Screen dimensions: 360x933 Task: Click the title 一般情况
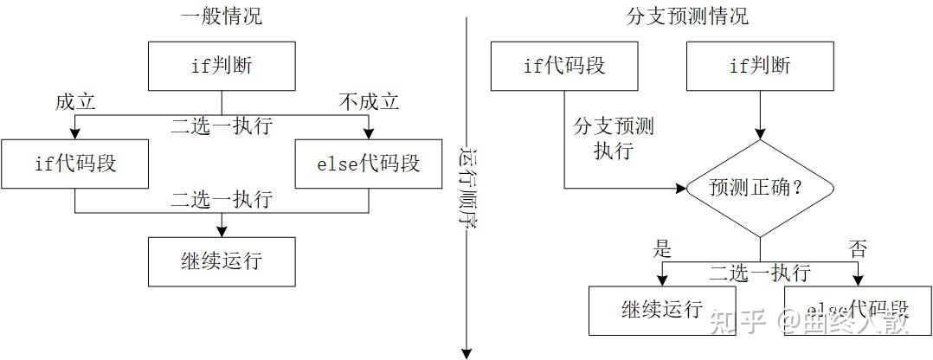pyautogui.click(x=222, y=16)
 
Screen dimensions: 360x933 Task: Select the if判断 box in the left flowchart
pyautogui.click(x=222, y=67)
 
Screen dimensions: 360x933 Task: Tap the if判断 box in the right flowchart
pyautogui.click(x=760, y=67)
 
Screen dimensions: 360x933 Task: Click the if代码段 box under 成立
pyautogui.click(x=74, y=164)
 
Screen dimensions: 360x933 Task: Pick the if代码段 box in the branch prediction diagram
pyautogui.click(x=564, y=67)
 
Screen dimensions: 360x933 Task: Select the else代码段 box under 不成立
pyautogui.click(x=369, y=164)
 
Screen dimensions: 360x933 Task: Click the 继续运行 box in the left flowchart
pyautogui.click(x=222, y=260)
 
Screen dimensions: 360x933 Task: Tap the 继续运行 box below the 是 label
pyautogui.click(x=662, y=310)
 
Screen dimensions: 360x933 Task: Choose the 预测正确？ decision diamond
pyautogui.click(x=760, y=188)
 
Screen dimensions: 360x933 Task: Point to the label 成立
pyautogui.click(x=74, y=102)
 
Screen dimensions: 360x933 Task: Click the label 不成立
pyautogui.click(x=369, y=102)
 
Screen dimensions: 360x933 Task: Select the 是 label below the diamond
pyautogui.click(x=662, y=250)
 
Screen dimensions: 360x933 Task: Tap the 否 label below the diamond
pyautogui.click(x=858, y=250)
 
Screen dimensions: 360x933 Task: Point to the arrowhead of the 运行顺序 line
pyautogui.click(x=466, y=352)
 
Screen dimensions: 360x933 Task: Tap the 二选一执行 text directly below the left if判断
pyautogui.click(x=222, y=126)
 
